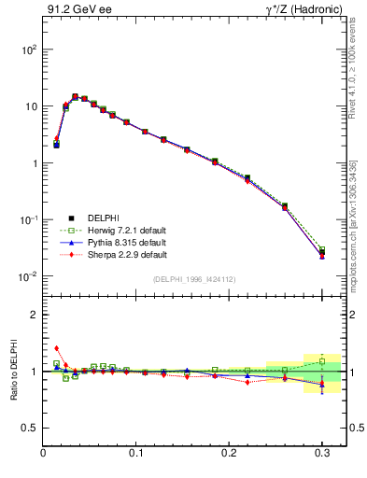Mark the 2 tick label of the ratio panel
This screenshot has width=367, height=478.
coord(34,315)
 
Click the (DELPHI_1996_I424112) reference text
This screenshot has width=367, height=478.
coord(192,279)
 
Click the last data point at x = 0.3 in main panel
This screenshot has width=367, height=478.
coord(321,252)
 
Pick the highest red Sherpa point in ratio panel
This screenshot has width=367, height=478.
coord(56,348)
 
